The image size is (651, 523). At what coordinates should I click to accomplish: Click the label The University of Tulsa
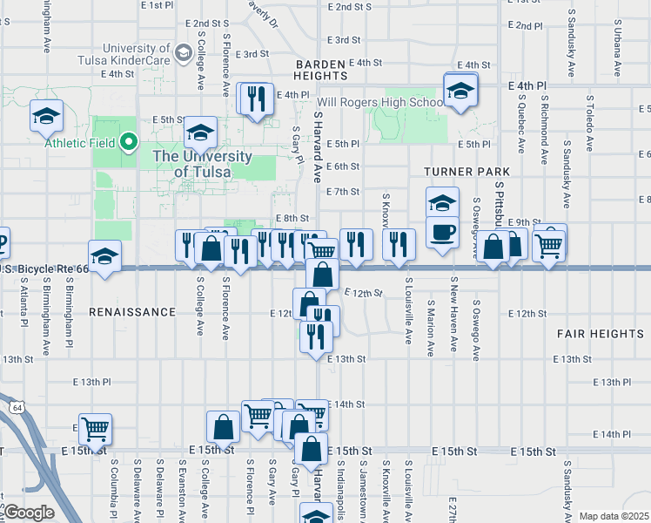[x=203, y=164]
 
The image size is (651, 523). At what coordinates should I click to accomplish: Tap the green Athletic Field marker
[x=129, y=141]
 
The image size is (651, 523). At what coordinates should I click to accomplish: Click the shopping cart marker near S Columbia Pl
[x=94, y=429]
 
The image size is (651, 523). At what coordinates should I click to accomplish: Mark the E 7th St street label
[x=342, y=192]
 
